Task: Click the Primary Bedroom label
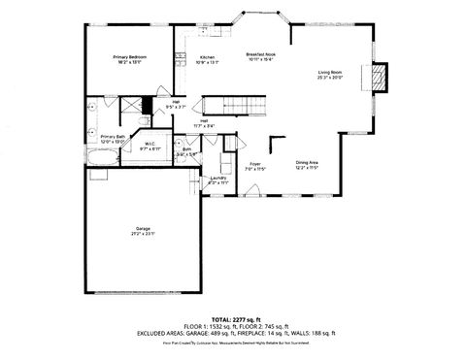[x=130, y=57]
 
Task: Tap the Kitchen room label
[x=207, y=57]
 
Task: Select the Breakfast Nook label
[x=262, y=54]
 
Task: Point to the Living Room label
[x=330, y=73]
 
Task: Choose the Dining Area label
[x=308, y=162]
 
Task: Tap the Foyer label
[x=255, y=164]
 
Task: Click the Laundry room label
[x=218, y=178]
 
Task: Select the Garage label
[x=143, y=229]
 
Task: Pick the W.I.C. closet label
[x=150, y=144]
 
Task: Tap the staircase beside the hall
[x=233, y=105]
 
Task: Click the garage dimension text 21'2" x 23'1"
[x=143, y=235]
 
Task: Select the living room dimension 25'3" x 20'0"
[x=330, y=79]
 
